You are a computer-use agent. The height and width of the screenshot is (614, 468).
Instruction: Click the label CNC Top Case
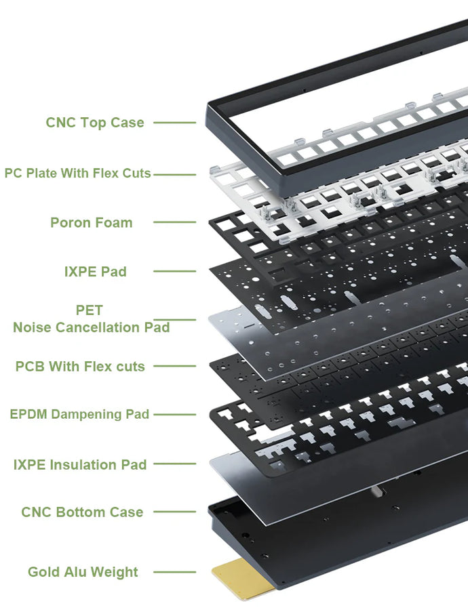coord(95,123)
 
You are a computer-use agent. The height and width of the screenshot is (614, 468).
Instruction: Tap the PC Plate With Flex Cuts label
coord(77,173)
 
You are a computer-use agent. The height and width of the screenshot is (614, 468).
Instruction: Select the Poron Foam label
coord(92,222)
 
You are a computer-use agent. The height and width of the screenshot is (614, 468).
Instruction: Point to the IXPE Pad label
coord(95,271)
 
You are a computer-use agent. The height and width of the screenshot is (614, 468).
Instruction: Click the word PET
coord(90,310)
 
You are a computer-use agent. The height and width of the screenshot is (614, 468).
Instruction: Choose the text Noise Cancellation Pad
coord(92,327)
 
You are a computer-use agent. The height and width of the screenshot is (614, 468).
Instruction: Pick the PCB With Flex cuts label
coord(80,367)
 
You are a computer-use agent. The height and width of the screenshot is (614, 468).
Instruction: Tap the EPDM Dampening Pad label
coord(79,414)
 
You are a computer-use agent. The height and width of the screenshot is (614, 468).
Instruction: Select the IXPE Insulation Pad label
coord(80,465)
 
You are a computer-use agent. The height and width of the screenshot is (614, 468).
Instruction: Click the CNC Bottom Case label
coord(82,512)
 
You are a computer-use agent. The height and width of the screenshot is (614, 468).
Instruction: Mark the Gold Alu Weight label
coord(83,572)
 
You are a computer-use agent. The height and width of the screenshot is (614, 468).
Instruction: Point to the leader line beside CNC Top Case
coord(174,123)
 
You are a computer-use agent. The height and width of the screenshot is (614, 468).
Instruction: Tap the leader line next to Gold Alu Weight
coord(174,572)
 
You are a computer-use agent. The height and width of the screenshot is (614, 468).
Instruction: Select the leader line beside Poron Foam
coord(174,222)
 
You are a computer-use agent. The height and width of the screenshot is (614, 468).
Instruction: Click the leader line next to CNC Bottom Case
coord(174,512)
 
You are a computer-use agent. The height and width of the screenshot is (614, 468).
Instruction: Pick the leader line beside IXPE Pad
coord(174,271)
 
